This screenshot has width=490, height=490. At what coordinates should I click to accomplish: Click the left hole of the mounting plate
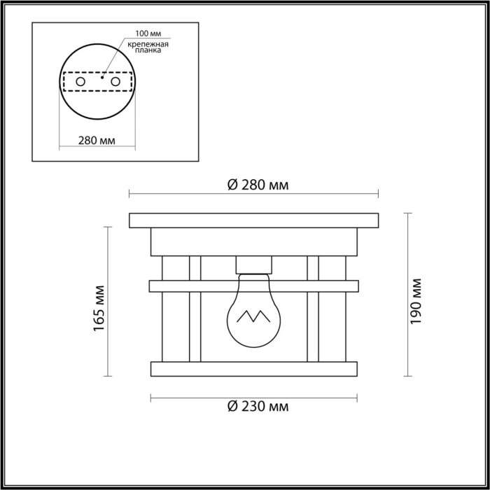click(81, 83)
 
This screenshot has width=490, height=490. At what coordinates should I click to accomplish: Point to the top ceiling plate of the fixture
click(253, 220)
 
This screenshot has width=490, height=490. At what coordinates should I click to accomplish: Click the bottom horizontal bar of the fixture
click(253, 367)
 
